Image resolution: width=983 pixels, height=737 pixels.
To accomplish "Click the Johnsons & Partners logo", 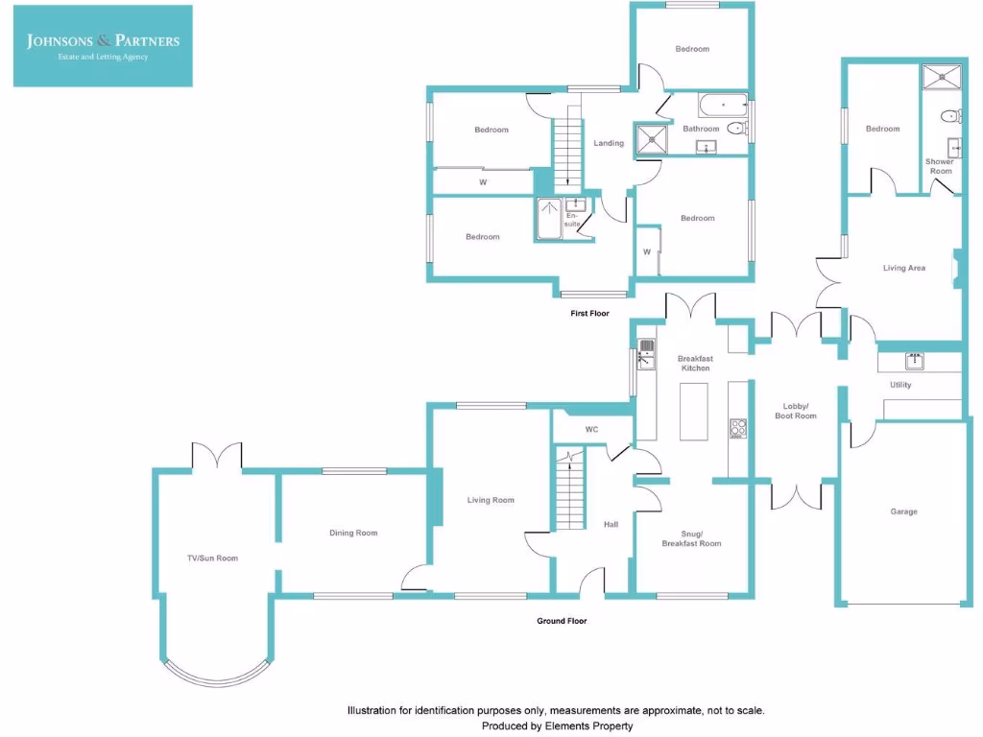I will [103, 46].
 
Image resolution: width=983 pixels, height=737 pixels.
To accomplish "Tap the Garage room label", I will [903, 511].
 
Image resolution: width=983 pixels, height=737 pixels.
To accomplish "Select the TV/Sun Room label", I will [212, 558].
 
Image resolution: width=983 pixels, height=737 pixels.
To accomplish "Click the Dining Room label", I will [353, 533].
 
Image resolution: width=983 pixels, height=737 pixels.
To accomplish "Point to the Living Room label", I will [491, 500].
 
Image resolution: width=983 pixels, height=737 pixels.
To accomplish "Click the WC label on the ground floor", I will [591, 429].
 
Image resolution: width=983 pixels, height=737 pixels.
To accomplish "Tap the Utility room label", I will [900, 385].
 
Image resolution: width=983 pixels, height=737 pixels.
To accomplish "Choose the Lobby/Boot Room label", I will [796, 410].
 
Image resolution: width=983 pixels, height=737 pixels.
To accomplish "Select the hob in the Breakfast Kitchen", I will [738, 428].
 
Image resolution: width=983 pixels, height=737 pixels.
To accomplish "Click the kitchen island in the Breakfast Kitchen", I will [693, 411].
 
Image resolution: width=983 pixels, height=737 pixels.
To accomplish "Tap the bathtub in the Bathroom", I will [722, 104].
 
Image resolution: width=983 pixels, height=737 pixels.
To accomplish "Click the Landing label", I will [609, 143].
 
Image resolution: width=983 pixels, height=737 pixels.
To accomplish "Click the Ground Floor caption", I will [562, 621].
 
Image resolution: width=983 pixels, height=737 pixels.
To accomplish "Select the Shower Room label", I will [940, 166].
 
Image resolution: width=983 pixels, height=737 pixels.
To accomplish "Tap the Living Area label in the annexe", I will [903, 268].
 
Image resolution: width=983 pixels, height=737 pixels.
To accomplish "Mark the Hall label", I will [611, 525].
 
